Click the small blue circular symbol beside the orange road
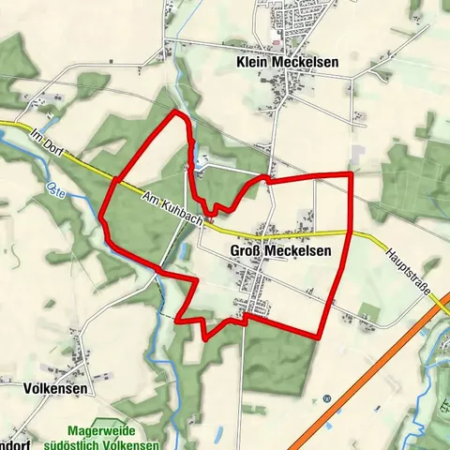[x=326, y=398]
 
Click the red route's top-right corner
[x=351, y=174]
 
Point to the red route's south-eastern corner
[x=320, y=337]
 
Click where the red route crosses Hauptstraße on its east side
[x=349, y=232]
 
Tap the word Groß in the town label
[x=244, y=251]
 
